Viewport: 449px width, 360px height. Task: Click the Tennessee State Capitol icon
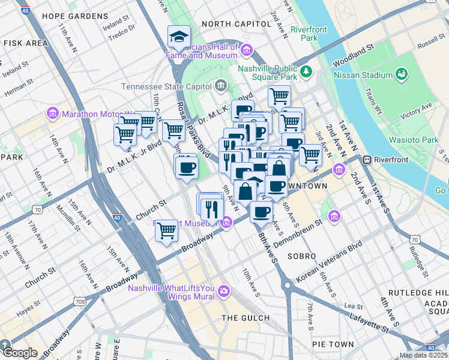click(x=221, y=86)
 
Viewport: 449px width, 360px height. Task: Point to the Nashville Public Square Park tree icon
click(x=307, y=71)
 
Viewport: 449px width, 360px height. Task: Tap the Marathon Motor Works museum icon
click(x=52, y=113)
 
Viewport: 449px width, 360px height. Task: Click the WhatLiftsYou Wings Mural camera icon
click(x=224, y=291)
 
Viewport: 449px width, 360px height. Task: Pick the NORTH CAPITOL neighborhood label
click(x=236, y=23)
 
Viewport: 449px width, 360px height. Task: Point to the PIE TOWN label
click(x=333, y=344)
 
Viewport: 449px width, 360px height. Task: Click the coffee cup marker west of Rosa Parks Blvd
click(x=186, y=167)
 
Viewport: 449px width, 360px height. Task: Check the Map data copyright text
click(x=423, y=355)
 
